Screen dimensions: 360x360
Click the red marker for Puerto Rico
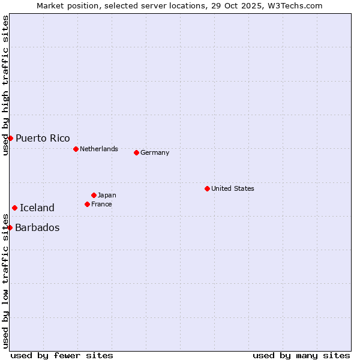pyautogui.click(x=10, y=138)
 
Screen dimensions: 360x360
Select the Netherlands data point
pyautogui.click(x=76, y=149)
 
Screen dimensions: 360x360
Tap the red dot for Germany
pyautogui.click(x=136, y=152)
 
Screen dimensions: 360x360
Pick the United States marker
pyautogui.click(x=207, y=188)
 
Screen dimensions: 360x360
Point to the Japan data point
pyautogui.click(x=94, y=195)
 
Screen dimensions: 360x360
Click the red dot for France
pyautogui.click(x=87, y=204)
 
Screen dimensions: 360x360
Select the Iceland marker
pyautogui.click(x=14, y=208)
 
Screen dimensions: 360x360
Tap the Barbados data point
pyautogui.click(x=10, y=227)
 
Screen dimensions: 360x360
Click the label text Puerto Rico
pyautogui.click(x=43, y=138)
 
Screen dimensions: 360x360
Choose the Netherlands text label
pyautogui.click(x=99, y=149)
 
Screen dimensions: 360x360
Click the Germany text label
pyautogui.click(x=155, y=152)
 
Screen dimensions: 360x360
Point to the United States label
pyautogui.click(x=233, y=188)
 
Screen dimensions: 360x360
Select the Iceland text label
pyautogui.click(x=37, y=208)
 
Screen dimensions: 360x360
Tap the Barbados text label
pyautogui.click(x=37, y=227)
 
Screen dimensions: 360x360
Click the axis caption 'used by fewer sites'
pyautogui.click(x=62, y=355)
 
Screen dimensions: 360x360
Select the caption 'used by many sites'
pyautogui.click(x=301, y=355)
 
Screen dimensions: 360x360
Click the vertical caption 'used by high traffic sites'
pyautogui.click(x=5, y=85)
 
